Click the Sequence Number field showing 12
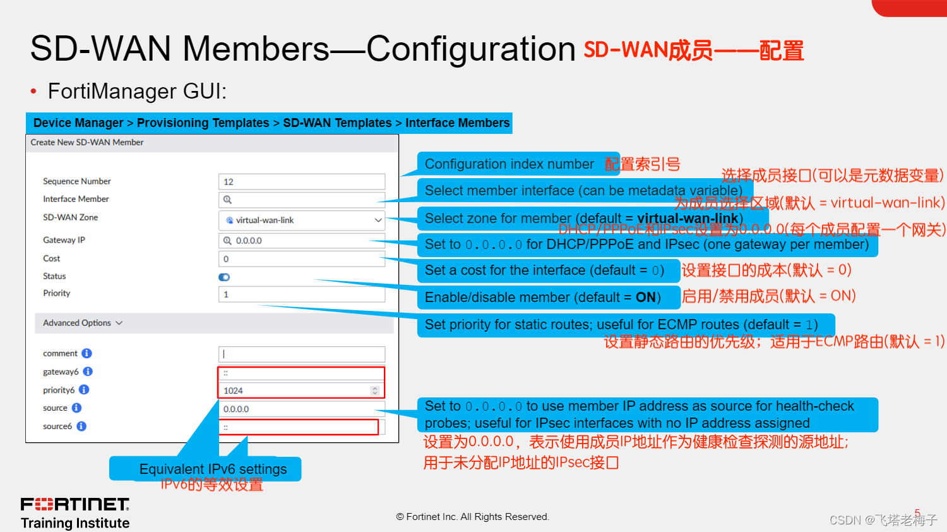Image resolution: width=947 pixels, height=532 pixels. point(301,182)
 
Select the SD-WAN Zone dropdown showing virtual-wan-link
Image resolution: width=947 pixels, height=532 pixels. point(301,221)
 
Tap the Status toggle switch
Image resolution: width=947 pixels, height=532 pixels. point(224,277)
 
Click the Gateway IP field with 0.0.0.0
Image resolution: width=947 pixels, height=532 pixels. point(301,241)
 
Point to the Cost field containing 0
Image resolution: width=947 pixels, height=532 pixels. point(301,259)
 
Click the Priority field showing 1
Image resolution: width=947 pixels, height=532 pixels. point(301,294)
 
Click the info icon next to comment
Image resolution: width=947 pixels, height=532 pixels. point(87,353)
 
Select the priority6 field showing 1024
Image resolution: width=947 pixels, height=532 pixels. point(297,391)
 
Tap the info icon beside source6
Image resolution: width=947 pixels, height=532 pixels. point(81,426)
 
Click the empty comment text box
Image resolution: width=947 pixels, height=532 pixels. point(301,354)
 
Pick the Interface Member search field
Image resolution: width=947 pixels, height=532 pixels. point(301,200)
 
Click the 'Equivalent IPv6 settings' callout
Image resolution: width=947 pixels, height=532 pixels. point(213,469)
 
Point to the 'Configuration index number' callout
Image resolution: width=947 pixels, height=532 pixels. point(509,164)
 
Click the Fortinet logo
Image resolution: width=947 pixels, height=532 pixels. point(75,504)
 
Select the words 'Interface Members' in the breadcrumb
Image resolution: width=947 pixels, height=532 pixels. point(457,123)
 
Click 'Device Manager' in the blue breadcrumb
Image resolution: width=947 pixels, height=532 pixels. point(78,123)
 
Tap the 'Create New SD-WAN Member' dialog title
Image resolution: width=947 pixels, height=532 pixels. point(87,143)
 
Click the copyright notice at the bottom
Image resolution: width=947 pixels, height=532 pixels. point(473,517)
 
